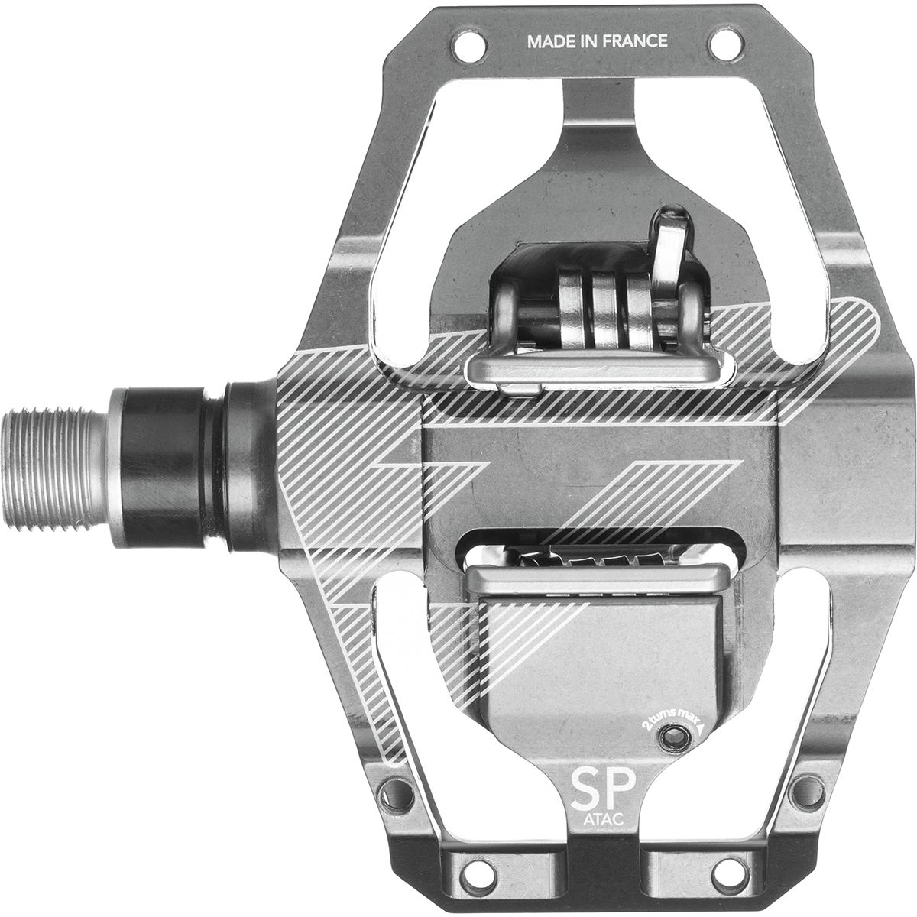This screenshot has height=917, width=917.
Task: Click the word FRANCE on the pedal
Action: [x=635, y=41]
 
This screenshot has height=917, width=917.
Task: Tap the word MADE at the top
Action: [x=551, y=41]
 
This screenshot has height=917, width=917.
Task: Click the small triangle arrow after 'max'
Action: [x=700, y=728]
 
